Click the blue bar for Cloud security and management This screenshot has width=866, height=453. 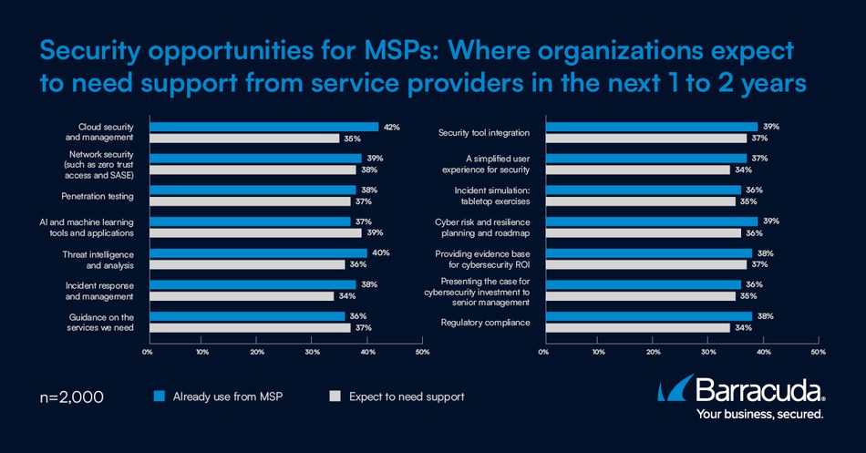pyautogui.click(x=263, y=127)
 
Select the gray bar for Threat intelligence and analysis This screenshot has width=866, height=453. pyautogui.click(x=246, y=264)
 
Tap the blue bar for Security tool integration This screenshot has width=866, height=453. pyautogui.click(x=650, y=127)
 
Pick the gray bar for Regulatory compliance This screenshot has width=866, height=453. pyautogui.click(x=636, y=327)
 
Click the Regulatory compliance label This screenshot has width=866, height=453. pyautogui.click(x=485, y=322)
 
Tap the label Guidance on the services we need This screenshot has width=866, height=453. pyautogui.click(x=101, y=322)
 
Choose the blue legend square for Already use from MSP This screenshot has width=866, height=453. pyautogui.click(x=159, y=396)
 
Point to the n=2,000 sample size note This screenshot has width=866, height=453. pyautogui.click(x=72, y=396)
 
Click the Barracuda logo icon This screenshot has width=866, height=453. pyautogui.click(x=673, y=391)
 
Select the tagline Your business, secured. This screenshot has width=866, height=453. pyautogui.click(x=759, y=415)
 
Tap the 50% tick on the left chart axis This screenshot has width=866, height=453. pyautogui.click(x=422, y=351)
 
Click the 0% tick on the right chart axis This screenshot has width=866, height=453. pyautogui.click(x=544, y=351)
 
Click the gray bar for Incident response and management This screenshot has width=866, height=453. pyautogui.click(x=241, y=296)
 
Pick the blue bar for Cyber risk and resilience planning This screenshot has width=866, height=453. pyautogui.click(x=650, y=221)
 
